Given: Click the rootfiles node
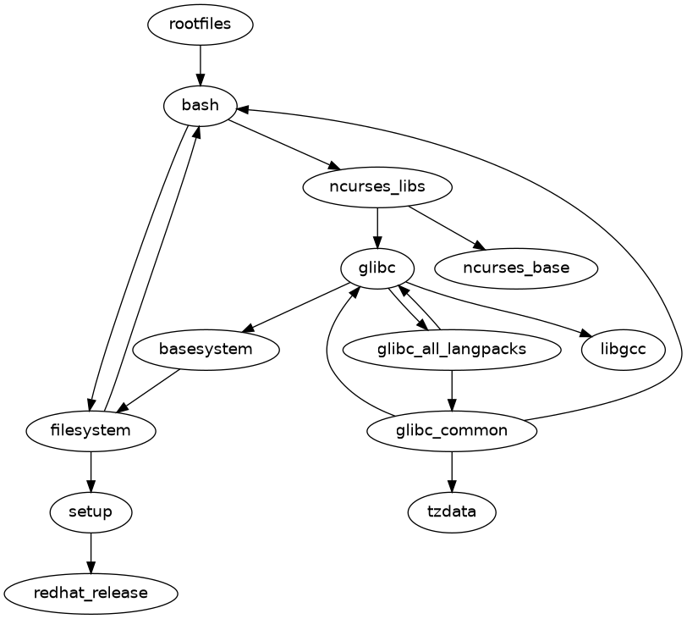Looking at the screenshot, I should pos(200,24).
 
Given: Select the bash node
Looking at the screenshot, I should pos(200,105).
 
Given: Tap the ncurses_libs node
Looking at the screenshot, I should pos(376,186).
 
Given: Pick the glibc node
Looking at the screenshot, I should pos(376,268).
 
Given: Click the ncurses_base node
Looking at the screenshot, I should pos(516,268).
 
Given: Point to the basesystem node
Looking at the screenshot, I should pos(206,349).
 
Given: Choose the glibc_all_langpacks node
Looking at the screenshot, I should pos(452,349).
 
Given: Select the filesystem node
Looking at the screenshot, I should pos(91,430).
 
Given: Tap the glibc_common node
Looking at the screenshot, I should pos(452,430).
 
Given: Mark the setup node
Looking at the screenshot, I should pos(91,511).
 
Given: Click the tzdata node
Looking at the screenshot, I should pos(452,511).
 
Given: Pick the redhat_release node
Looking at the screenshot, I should pos(91,593).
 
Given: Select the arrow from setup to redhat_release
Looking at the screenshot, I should pos(91,552).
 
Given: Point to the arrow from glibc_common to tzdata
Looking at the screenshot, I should pos(452,471).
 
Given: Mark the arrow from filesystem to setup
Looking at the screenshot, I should pos(91,471).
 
